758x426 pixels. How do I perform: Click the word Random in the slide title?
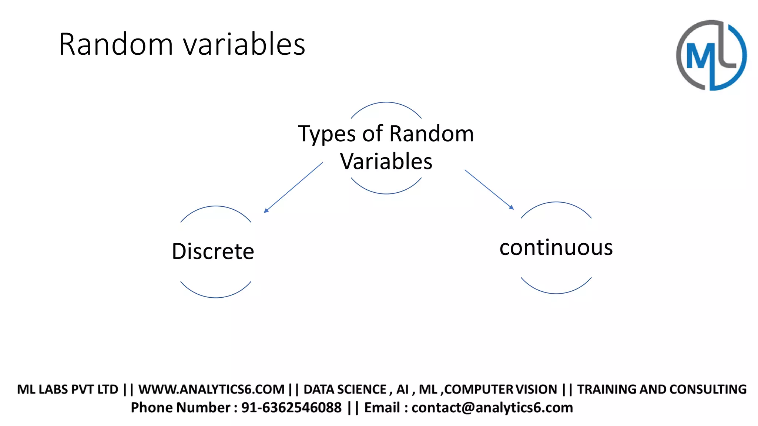pos(116,44)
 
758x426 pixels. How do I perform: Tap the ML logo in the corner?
pos(711,55)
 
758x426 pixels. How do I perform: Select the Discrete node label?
pos(213,251)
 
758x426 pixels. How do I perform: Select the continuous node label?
pos(556,247)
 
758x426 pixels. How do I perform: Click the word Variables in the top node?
pos(386,162)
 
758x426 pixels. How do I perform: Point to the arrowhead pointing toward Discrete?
pos(266,210)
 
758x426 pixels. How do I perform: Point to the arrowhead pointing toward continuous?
pos(512,207)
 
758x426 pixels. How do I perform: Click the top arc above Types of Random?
pos(386,102)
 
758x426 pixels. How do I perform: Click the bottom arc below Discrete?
pos(216,297)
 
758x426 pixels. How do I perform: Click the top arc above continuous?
pos(556,202)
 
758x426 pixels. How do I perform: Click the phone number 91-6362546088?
pos(291,408)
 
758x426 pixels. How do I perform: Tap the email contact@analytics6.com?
pos(492,408)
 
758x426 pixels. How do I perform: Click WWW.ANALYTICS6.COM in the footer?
pos(211,389)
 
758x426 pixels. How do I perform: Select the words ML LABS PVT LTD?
pos(67,389)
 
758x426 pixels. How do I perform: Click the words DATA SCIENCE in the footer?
pos(345,389)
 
